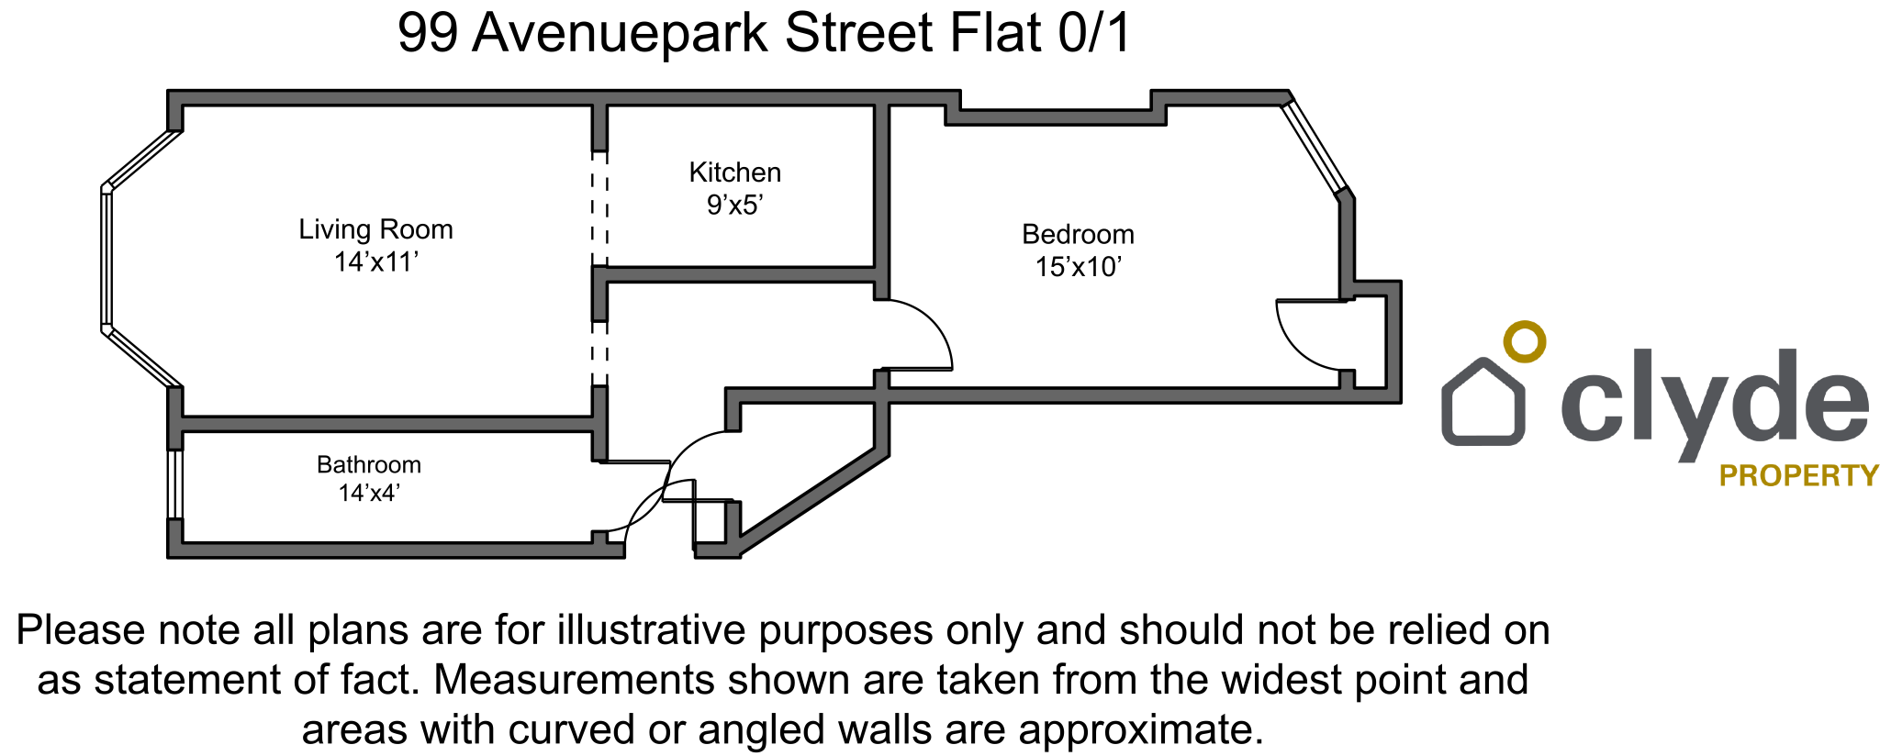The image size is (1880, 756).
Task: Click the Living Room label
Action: click(x=375, y=229)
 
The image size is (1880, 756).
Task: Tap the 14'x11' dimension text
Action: click(x=375, y=262)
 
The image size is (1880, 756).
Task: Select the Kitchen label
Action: click(x=734, y=172)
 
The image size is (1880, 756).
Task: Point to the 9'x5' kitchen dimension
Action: click(x=734, y=205)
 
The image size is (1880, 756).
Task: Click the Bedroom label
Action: click(x=1078, y=235)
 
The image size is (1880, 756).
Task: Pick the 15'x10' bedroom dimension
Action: click(x=1078, y=267)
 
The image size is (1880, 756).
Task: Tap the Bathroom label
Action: click(x=368, y=465)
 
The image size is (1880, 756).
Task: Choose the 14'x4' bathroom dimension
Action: click(x=368, y=494)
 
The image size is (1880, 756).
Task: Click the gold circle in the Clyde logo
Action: click(x=1524, y=341)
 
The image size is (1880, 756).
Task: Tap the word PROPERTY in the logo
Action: click(x=1798, y=475)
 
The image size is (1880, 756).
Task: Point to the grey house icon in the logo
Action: click(x=1483, y=403)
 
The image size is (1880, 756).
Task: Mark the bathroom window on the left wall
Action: click(x=174, y=484)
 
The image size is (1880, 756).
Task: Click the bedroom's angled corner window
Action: click(x=1315, y=147)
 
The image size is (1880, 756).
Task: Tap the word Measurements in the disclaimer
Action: click(x=574, y=681)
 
